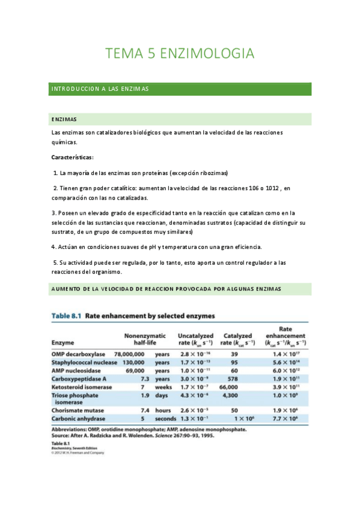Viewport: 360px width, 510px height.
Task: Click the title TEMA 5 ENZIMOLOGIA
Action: point(180,54)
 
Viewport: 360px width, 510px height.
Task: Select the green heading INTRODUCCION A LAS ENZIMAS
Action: point(100,89)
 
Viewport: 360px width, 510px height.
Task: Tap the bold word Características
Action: point(72,158)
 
